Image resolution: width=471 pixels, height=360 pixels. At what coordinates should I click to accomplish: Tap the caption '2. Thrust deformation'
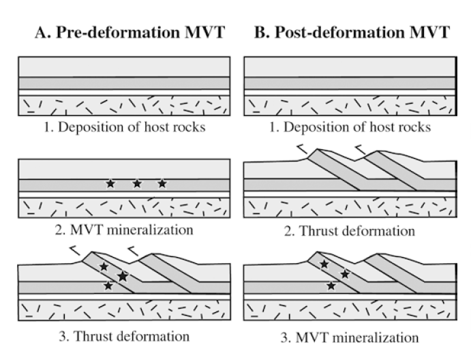pos(350,231)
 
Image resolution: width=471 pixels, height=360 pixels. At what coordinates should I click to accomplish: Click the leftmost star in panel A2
pos(110,183)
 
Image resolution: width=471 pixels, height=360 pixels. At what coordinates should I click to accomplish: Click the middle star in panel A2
pos(137,183)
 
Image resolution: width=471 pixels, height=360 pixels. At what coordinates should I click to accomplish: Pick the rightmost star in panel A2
pos(162,183)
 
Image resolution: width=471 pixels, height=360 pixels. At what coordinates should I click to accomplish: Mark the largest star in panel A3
pos(123,276)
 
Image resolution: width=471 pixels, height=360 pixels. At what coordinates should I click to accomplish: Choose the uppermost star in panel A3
pos(104,266)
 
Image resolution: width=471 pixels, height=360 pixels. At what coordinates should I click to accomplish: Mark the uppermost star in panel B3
pos(325,263)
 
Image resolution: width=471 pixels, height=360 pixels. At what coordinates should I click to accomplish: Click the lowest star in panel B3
pos(331,286)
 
